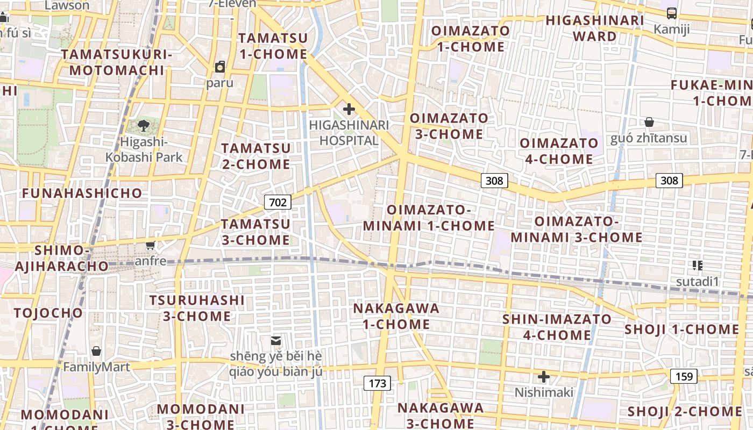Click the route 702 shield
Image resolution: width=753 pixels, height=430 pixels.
click(278, 202)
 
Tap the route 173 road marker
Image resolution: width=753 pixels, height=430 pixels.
click(377, 383)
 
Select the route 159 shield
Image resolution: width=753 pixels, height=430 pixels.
click(684, 376)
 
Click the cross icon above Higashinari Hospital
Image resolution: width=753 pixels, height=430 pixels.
click(349, 110)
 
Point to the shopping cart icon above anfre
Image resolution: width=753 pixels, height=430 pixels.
click(151, 246)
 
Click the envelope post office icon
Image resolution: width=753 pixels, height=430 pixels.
click(276, 340)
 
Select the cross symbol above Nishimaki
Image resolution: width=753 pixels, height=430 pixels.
click(544, 376)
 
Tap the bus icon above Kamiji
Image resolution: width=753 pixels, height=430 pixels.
click(671, 13)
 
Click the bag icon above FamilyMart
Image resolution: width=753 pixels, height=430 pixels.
click(96, 352)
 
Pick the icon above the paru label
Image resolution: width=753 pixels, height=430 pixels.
click(220, 67)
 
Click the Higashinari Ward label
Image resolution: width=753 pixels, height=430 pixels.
click(594, 28)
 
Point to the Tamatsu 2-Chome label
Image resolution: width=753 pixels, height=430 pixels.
click(256, 156)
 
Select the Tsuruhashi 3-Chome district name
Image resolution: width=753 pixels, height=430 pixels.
click(197, 308)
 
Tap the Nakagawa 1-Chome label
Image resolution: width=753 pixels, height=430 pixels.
click(396, 316)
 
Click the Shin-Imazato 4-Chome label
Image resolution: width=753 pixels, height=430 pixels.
click(557, 327)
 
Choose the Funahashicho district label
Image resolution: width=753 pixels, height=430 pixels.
click(82, 193)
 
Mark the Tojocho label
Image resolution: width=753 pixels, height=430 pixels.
click(48, 313)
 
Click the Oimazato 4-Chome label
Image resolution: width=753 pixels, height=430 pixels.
click(559, 151)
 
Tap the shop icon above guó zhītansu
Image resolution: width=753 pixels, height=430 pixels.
click(649, 122)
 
